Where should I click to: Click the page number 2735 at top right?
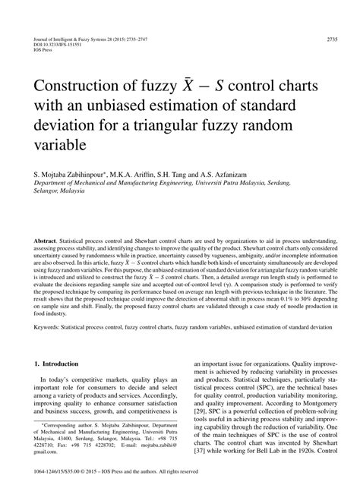[x=331, y=39]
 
